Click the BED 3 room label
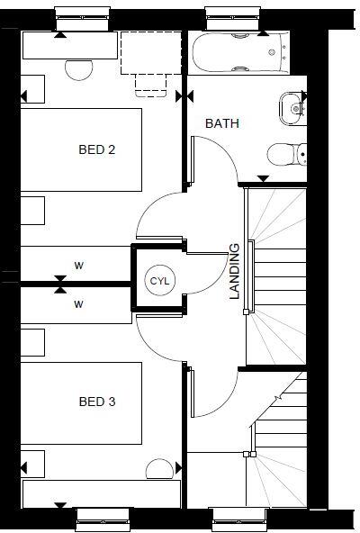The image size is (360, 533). click(96, 402)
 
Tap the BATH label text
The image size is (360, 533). click(222, 123)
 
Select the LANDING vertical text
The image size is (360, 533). click(235, 271)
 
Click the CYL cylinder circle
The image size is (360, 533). click(159, 281)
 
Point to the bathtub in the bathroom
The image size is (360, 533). click(238, 52)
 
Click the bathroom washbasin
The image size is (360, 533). click(292, 106)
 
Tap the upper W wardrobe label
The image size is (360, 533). click(79, 266)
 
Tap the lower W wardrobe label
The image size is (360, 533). click(79, 304)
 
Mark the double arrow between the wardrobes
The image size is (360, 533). click(59, 285)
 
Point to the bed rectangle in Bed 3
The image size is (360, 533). click(81, 402)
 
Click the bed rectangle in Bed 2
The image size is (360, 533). click(81, 149)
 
